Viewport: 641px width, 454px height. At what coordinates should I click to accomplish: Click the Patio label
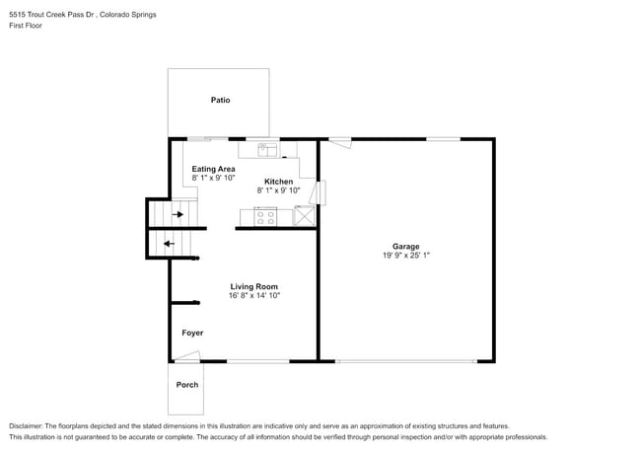pos(220,100)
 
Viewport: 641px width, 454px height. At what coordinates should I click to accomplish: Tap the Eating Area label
pos(213,169)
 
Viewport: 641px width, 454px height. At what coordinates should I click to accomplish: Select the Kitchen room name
pos(278,182)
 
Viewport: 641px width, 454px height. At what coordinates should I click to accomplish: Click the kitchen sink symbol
pos(267,150)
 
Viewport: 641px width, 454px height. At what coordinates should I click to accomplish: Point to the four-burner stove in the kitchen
pos(265,216)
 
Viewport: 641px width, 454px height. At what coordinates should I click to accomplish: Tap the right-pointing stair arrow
pos(178,213)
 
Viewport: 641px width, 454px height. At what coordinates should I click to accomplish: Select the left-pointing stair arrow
pos(168,244)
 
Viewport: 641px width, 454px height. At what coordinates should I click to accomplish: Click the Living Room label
pos(254,286)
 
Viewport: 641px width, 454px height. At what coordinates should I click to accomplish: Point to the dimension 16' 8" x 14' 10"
pos(254,295)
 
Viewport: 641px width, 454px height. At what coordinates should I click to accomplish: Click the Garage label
pos(405,246)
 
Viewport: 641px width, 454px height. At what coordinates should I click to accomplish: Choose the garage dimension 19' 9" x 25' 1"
pos(405,255)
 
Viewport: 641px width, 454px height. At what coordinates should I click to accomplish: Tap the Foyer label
pos(192,333)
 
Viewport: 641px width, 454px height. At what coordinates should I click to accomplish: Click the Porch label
pos(187,385)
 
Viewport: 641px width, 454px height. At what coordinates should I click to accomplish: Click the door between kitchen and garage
pos(320,191)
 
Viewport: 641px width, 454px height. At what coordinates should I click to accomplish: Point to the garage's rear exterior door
pos(340,143)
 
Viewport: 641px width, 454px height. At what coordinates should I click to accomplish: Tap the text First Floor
pos(28,28)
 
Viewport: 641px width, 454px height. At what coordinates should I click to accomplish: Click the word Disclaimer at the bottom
pos(30,425)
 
